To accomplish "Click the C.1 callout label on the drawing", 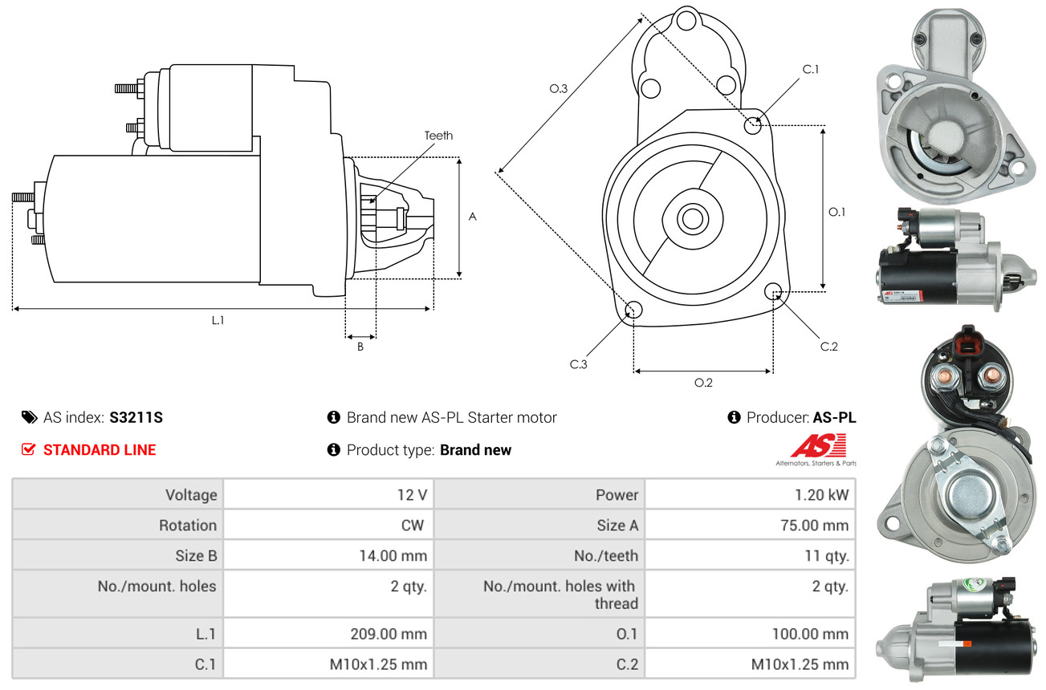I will click(x=811, y=69).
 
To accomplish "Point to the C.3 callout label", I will click(x=579, y=364).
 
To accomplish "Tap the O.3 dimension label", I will click(x=558, y=89).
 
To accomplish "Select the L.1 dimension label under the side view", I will click(x=218, y=320).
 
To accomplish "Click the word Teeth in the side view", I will click(x=438, y=136).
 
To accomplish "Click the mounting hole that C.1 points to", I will click(x=753, y=125).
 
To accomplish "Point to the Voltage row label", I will click(x=191, y=495).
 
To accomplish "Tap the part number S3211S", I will click(x=136, y=417).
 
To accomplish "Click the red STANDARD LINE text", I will click(x=100, y=450).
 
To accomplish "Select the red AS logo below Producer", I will click(x=818, y=445).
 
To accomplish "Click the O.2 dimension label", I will click(x=703, y=383).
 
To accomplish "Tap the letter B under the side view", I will click(x=360, y=347).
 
